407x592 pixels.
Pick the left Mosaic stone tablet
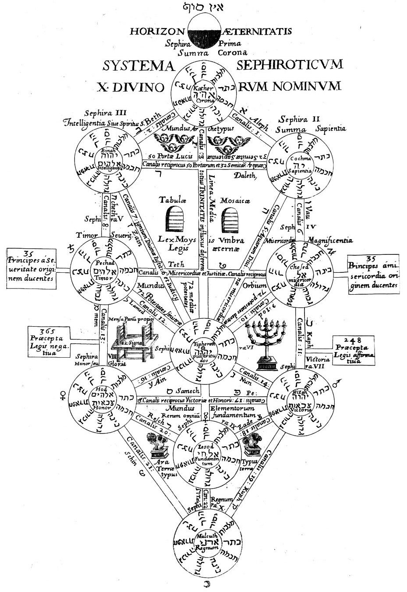click(176, 215)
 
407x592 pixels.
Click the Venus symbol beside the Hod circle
click(62, 395)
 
